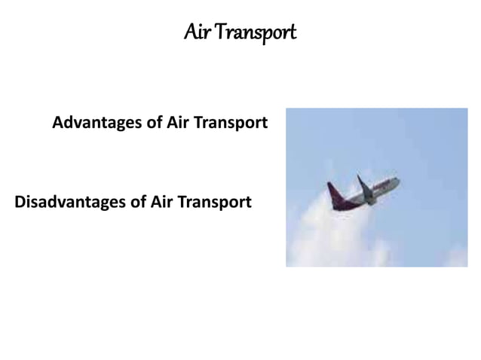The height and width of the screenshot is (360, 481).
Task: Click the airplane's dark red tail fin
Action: click(x=331, y=193)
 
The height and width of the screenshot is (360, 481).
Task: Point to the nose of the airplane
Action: click(x=397, y=180)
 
